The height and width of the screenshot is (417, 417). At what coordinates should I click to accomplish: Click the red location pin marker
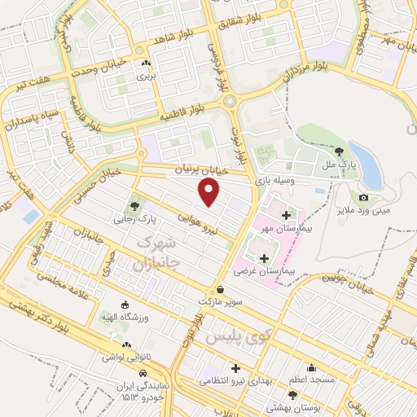pyautogui.click(x=209, y=193)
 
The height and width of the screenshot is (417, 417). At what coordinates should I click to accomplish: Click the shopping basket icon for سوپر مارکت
pyautogui.click(x=221, y=288)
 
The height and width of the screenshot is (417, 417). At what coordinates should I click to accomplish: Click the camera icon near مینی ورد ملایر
pyautogui.click(x=363, y=197)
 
